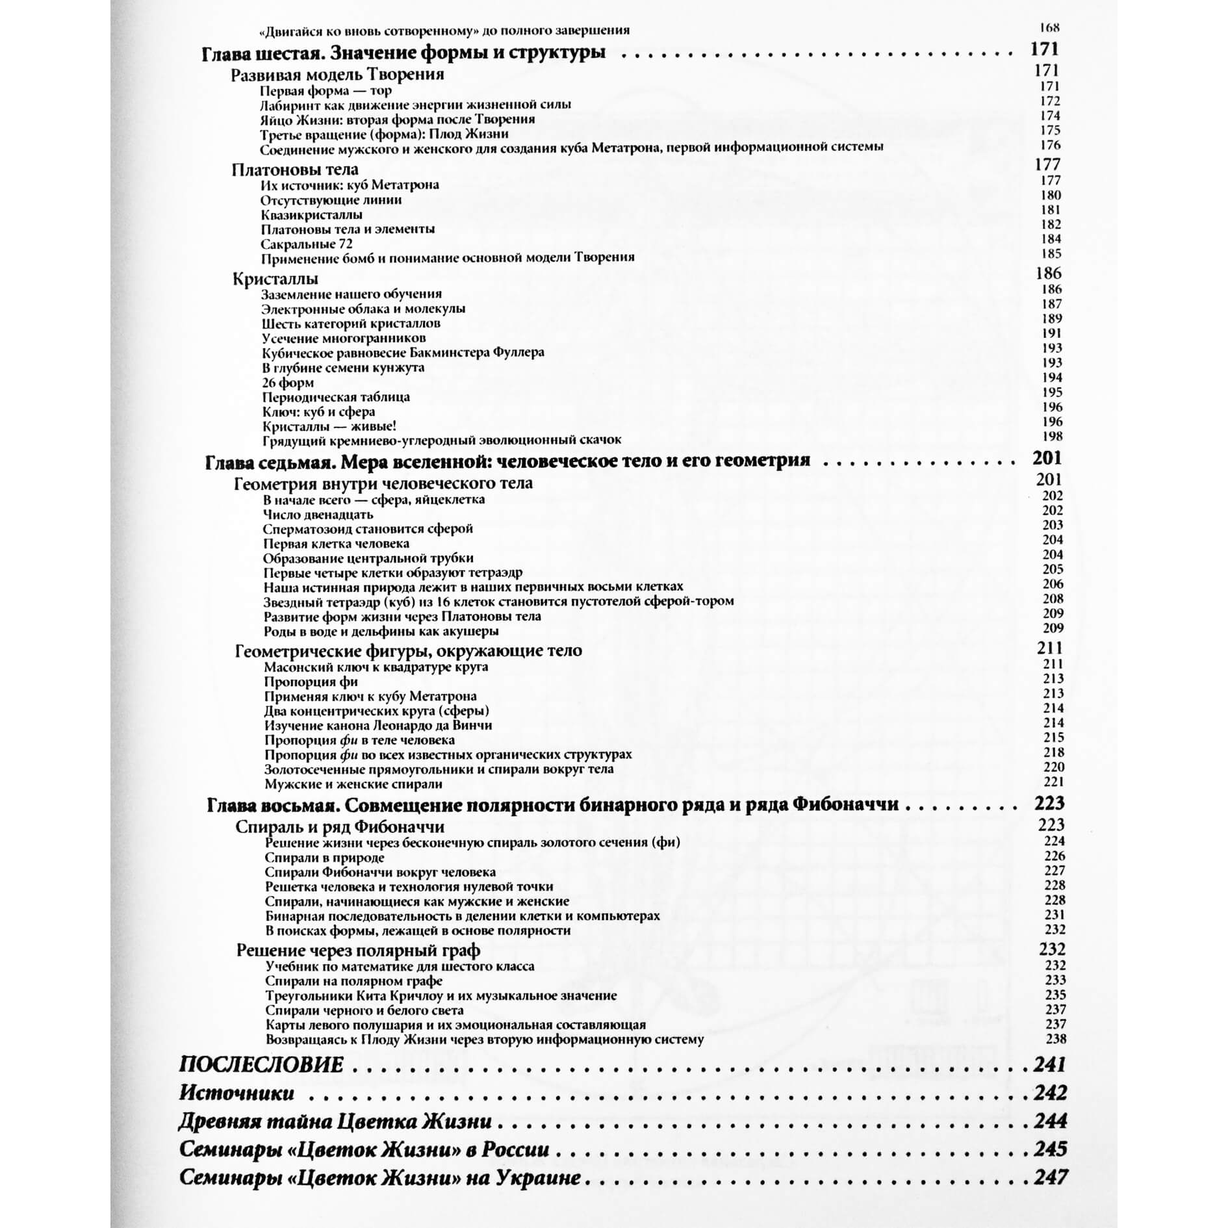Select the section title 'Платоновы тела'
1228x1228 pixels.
[x=294, y=170]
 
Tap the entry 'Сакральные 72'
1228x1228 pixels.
[x=306, y=244]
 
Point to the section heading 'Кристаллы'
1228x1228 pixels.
[x=275, y=279]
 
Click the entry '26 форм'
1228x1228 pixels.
[x=288, y=383]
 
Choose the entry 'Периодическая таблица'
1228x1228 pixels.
[x=336, y=397]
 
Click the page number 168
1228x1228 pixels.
[x=1049, y=28]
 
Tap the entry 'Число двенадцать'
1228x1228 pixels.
[x=318, y=515]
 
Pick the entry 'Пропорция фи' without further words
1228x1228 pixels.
[x=311, y=682]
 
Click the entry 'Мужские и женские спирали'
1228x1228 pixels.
[x=353, y=784]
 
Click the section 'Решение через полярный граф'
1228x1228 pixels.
[x=358, y=951]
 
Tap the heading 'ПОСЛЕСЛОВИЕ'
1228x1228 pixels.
[x=261, y=1065]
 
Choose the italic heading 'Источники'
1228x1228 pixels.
[x=237, y=1093]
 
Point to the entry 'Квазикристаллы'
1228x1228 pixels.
[x=311, y=215]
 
